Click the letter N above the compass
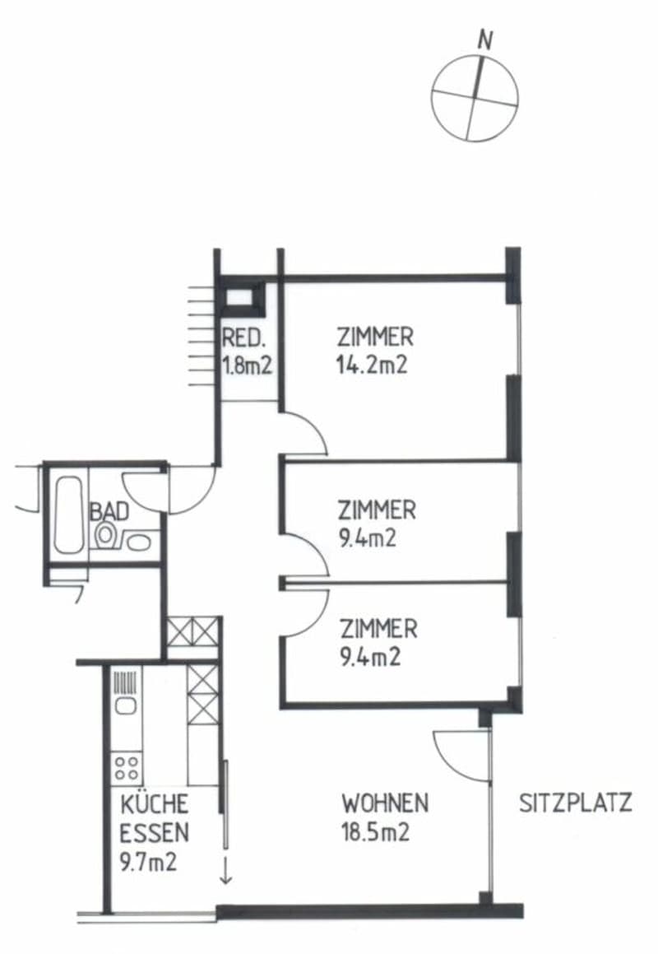point(484,40)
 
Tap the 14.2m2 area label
point(371,365)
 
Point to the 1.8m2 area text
point(246,366)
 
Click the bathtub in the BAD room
point(68,514)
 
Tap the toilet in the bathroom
point(107,535)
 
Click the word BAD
point(109,512)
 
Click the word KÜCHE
point(155,804)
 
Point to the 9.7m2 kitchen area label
point(148,862)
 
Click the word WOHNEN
point(385,803)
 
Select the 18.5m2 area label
point(376,831)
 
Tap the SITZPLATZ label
point(575,803)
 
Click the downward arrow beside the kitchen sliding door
point(225,869)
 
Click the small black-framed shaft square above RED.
point(241,298)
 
